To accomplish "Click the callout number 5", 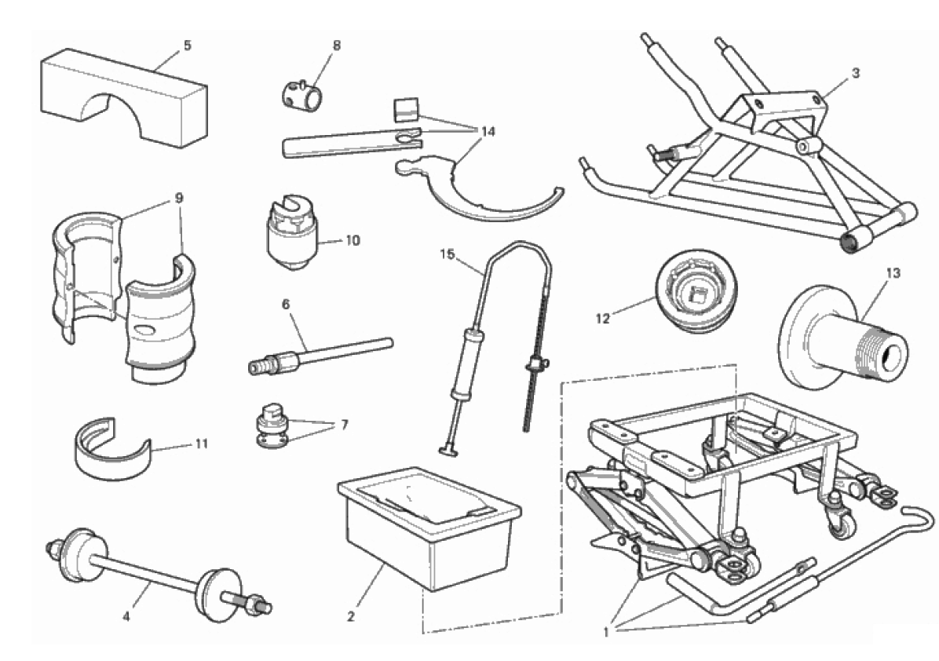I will tap(187, 46).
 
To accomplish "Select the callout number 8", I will tap(336, 46).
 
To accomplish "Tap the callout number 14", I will tap(488, 131).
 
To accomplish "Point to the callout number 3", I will tap(855, 73).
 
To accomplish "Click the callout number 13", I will tap(894, 273).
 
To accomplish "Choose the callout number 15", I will tap(447, 254).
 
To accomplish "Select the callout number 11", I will tap(202, 444).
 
